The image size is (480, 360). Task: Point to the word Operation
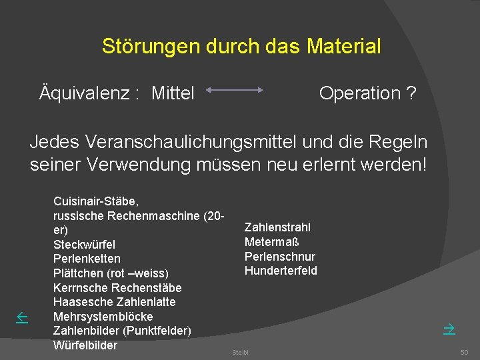coord(360,93)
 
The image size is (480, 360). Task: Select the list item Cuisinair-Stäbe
coord(96,201)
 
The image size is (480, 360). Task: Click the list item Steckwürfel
coord(84,244)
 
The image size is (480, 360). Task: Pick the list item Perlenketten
coord(87,259)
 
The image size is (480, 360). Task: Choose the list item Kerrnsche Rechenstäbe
coord(117,288)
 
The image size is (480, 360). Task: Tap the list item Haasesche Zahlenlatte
coord(115,302)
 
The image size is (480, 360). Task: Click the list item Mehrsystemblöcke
coord(103,317)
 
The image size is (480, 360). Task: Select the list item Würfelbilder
coord(85,345)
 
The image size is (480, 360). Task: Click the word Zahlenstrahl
coord(277,227)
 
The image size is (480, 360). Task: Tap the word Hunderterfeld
coord(281,271)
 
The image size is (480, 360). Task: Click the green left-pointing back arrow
coord(21,319)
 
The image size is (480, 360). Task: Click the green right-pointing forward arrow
coord(449,328)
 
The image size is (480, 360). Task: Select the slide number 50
coord(464,352)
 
